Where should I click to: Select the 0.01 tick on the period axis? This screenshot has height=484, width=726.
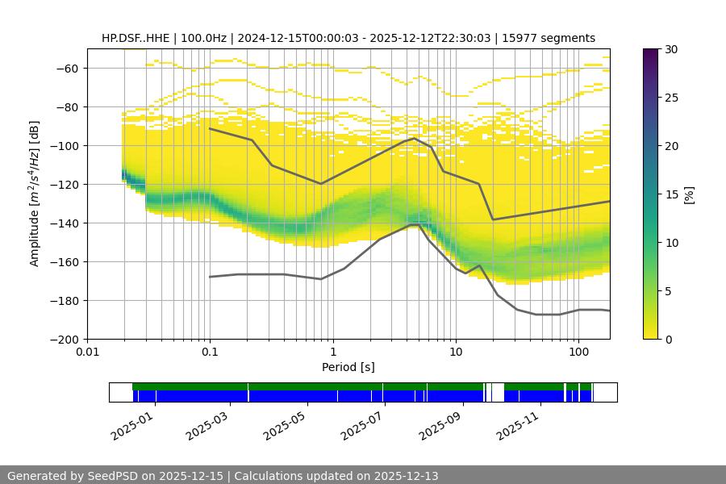tap(87, 351)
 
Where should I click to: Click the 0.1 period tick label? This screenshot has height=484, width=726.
tap(210, 351)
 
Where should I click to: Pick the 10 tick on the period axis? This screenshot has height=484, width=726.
tap(456, 351)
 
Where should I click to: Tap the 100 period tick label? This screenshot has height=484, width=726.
tap(578, 351)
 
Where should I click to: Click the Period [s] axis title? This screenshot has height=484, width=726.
tap(348, 367)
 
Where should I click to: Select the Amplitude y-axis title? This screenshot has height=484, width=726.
tap(35, 194)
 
